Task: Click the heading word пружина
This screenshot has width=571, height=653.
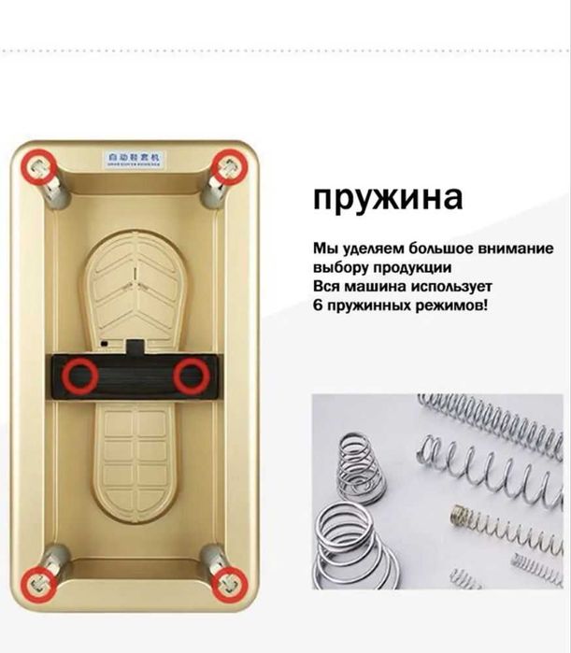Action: pyautogui.click(x=388, y=199)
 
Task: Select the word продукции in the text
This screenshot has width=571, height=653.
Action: pyautogui.click(x=403, y=268)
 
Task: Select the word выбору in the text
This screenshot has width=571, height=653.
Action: pyautogui.click(x=340, y=268)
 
